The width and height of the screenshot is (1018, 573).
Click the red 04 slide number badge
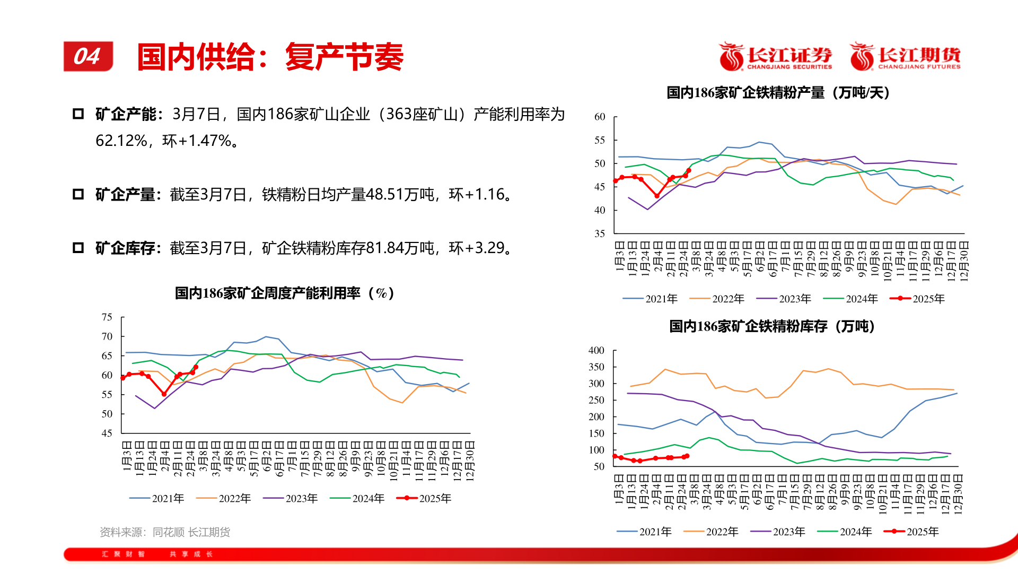pyautogui.click(x=88, y=56)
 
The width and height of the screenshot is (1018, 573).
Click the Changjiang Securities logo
pyautogui.click(x=776, y=57)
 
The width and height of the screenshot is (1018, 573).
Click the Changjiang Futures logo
pyautogui.click(x=906, y=57)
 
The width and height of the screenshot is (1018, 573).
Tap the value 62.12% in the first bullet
pyautogui.click(x=121, y=141)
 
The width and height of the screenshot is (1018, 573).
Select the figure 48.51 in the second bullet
pyautogui.click(x=384, y=195)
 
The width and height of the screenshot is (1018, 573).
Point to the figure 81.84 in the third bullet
pyautogui.click(x=385, y=248)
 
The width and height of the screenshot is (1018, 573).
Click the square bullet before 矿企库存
pyautogui.click(x=78, y=248)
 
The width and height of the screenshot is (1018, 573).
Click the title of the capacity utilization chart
pyautogui.click(x=285, y=293)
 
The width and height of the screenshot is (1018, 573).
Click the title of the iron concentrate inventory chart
pyautogui.click(x=772, y=326)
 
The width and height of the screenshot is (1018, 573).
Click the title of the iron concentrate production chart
pyautogui.click(x=778, y=93)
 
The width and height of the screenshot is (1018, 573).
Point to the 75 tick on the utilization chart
pyautogui.click(x=107, y=317)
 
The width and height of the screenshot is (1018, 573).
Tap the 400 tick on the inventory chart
pyautogui.click(x=596, y=350)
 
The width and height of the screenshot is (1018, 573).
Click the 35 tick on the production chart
pyautogui.click(x=600, y=233)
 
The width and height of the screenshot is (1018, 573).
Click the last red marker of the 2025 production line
pyautogui.click(x=689, y=171)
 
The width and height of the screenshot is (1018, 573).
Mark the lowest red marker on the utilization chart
pyautogui.click(x=164, y=394)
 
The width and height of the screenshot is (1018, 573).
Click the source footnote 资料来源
pyautogui.click(x=165, y=532)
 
